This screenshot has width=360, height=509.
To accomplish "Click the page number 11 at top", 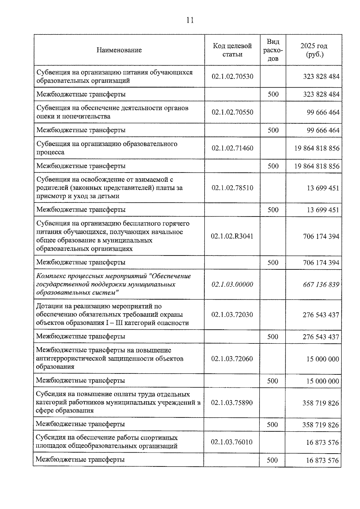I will click(x=190, y=20).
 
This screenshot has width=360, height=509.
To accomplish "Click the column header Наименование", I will click(x=119, y=50).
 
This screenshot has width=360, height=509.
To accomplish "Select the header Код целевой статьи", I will click(x=232, y=50).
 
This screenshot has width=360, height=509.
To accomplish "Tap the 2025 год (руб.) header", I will click(x=314, y=50).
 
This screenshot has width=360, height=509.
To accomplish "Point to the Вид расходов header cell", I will click(x=273, y=50).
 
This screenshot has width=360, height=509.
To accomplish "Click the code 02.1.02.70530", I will click(x=232, y=76).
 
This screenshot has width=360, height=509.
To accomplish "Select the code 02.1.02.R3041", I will click(x=232, y=236).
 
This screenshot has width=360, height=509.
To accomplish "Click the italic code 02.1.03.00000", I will click(x=232, y=284).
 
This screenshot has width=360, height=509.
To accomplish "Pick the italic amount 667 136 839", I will click(x=321, y=284).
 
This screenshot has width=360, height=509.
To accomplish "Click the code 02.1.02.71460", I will click(x=232, y=148).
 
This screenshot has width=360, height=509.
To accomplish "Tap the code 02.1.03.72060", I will click(x=232, y=359).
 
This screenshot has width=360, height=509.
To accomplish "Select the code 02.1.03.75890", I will click(x=232, y=403).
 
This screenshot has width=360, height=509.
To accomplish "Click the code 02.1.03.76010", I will click(x=232, y=442).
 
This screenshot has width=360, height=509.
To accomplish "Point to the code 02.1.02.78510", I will click(x=232, y=188).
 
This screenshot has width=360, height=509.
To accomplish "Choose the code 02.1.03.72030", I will click(x=232, y=315).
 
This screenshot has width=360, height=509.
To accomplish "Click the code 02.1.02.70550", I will click(x=232, y=112).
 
